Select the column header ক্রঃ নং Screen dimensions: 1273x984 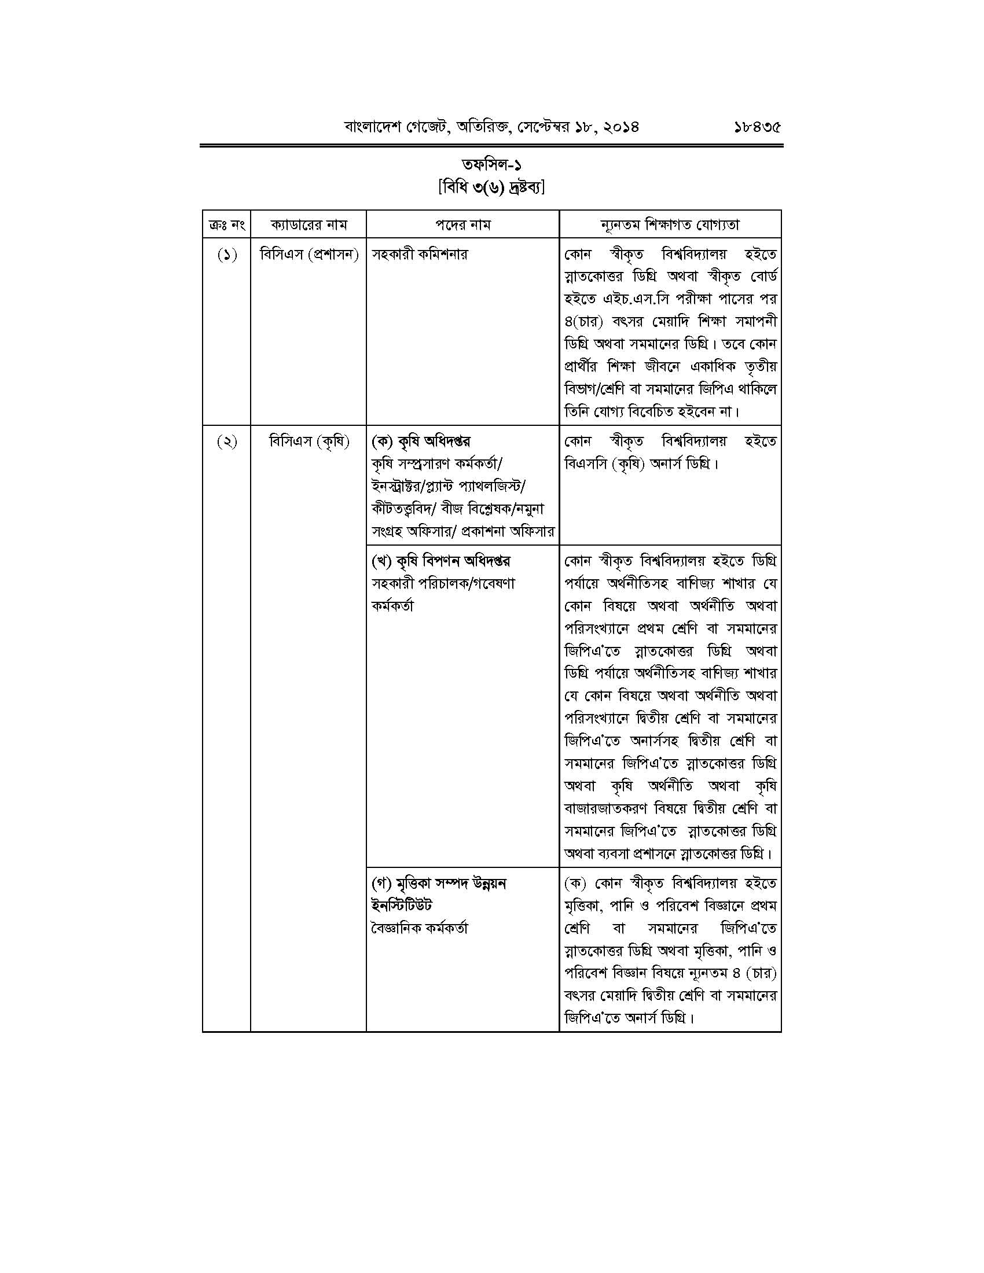226,225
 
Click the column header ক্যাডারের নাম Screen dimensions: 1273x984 309,225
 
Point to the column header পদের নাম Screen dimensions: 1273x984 463,225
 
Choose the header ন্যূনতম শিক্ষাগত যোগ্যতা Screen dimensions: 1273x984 670,225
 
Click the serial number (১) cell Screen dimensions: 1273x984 227,255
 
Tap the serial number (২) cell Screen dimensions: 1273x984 227,442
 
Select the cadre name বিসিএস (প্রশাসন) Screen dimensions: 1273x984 309,255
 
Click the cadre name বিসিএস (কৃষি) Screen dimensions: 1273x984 309,442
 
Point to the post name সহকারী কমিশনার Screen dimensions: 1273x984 419,255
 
